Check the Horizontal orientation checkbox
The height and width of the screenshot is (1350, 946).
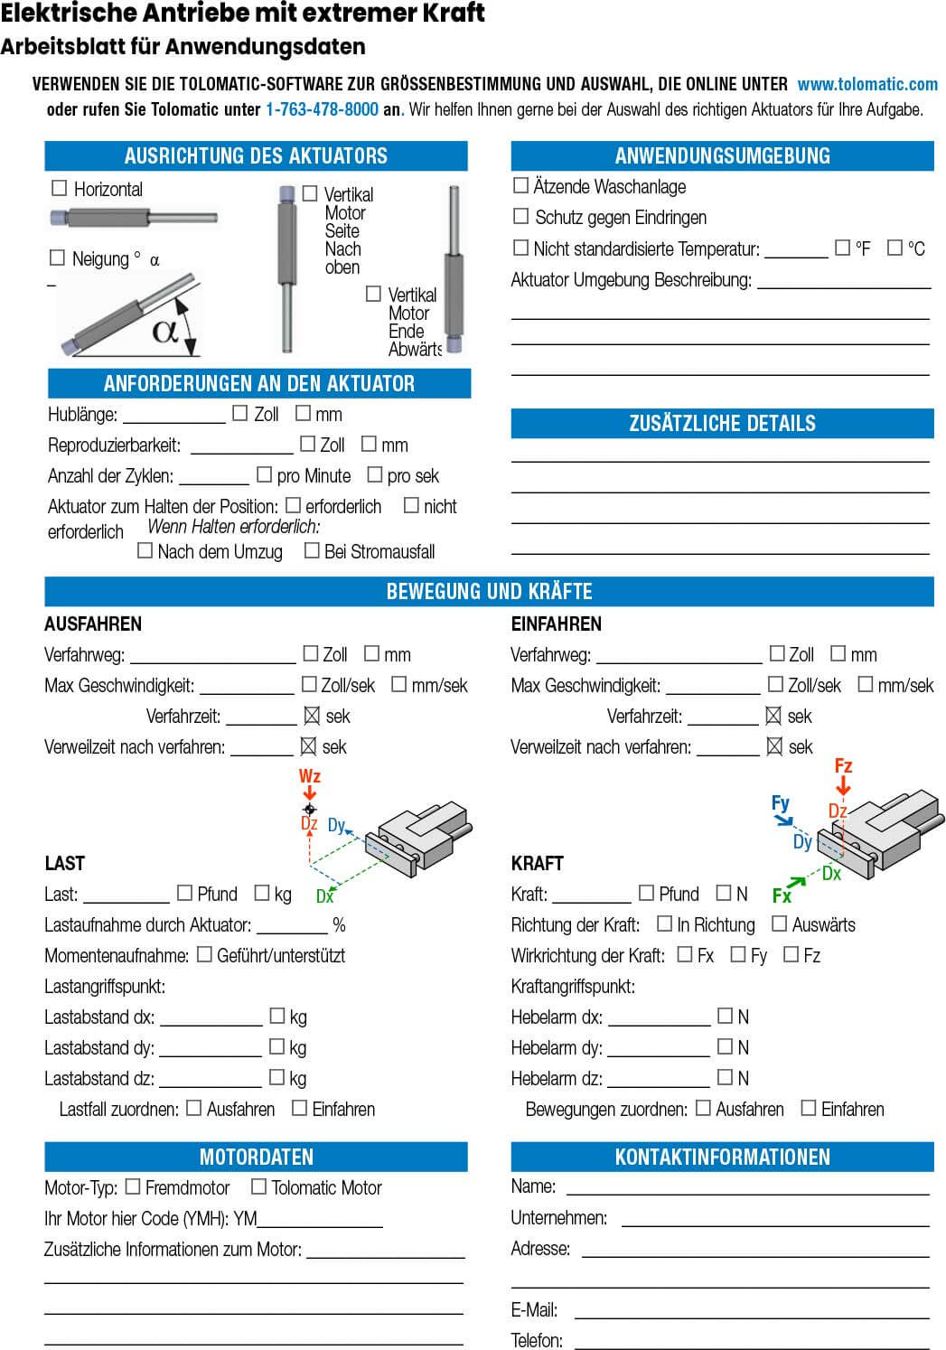click(x=60, y=188)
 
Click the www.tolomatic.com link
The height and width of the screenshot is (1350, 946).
click(x=867, y=84)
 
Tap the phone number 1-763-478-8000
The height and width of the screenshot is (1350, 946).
click(x=322, y=110)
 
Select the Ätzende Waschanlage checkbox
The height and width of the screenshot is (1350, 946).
click(x=520, y=185)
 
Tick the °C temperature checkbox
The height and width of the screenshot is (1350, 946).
click(x=894, y=247)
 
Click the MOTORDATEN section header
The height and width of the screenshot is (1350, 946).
click(x=256, y=1157)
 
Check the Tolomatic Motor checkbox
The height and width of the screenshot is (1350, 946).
click(x=258, y=1186)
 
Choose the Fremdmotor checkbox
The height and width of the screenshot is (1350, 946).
click(x=133, y=1186)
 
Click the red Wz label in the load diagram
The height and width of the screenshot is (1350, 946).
click(x=309, y=776)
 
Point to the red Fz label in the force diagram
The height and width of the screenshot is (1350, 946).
click(x=843, y=766)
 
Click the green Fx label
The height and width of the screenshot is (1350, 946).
click(x=782, y=895)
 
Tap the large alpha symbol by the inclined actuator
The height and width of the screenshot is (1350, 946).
click(x=165, y=330)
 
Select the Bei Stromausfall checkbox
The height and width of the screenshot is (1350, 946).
click(x=312, y=550)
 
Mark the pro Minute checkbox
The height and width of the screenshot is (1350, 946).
click(x=265, y=474)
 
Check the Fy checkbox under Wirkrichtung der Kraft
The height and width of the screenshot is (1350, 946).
click(x=738, y=954)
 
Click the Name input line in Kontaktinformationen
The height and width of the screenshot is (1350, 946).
click(x=747, y=1188)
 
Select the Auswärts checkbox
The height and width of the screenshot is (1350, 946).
click(x=780, y=923)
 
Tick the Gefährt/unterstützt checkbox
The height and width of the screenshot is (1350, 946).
click(x=204, y=954)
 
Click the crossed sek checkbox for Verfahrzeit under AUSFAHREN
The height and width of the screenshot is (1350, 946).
click(x=312, y=716)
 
